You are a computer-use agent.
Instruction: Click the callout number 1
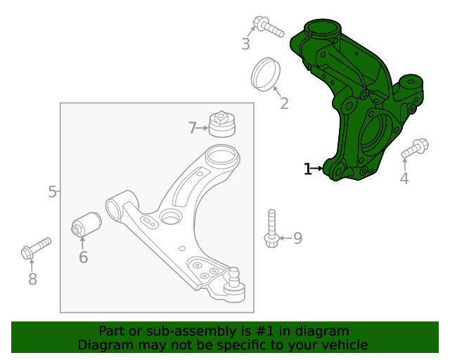point(307,169)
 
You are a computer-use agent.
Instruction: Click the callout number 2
point(284,104)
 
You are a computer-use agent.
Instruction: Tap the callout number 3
point(245,44)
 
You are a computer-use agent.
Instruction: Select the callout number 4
point(404,179)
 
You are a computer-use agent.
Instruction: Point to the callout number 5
point(53,191)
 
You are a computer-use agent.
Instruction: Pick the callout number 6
point(83,257)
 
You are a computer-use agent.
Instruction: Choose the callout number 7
point(193,128)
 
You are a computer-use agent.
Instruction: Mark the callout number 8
point(32,279)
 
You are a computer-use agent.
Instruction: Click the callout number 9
point(297,238)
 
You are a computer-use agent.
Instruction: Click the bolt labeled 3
point(269,27)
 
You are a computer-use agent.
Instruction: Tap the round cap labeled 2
point(266,74)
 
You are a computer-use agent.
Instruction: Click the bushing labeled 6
point(87,225)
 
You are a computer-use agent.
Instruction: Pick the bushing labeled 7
point(222,124)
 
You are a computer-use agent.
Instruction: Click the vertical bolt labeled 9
point(272,229)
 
